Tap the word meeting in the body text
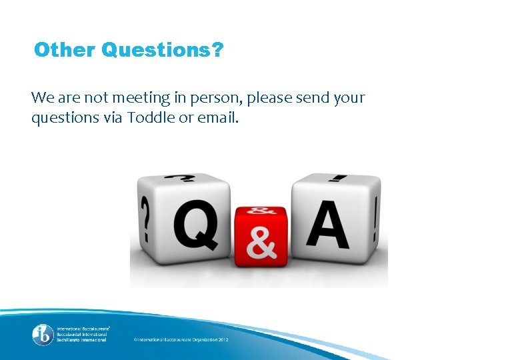pos(138,98)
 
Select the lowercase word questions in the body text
pos(63,119)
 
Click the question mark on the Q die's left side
pos(145,220)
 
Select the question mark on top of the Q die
pos(181,179)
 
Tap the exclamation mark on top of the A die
pos(339,178)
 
